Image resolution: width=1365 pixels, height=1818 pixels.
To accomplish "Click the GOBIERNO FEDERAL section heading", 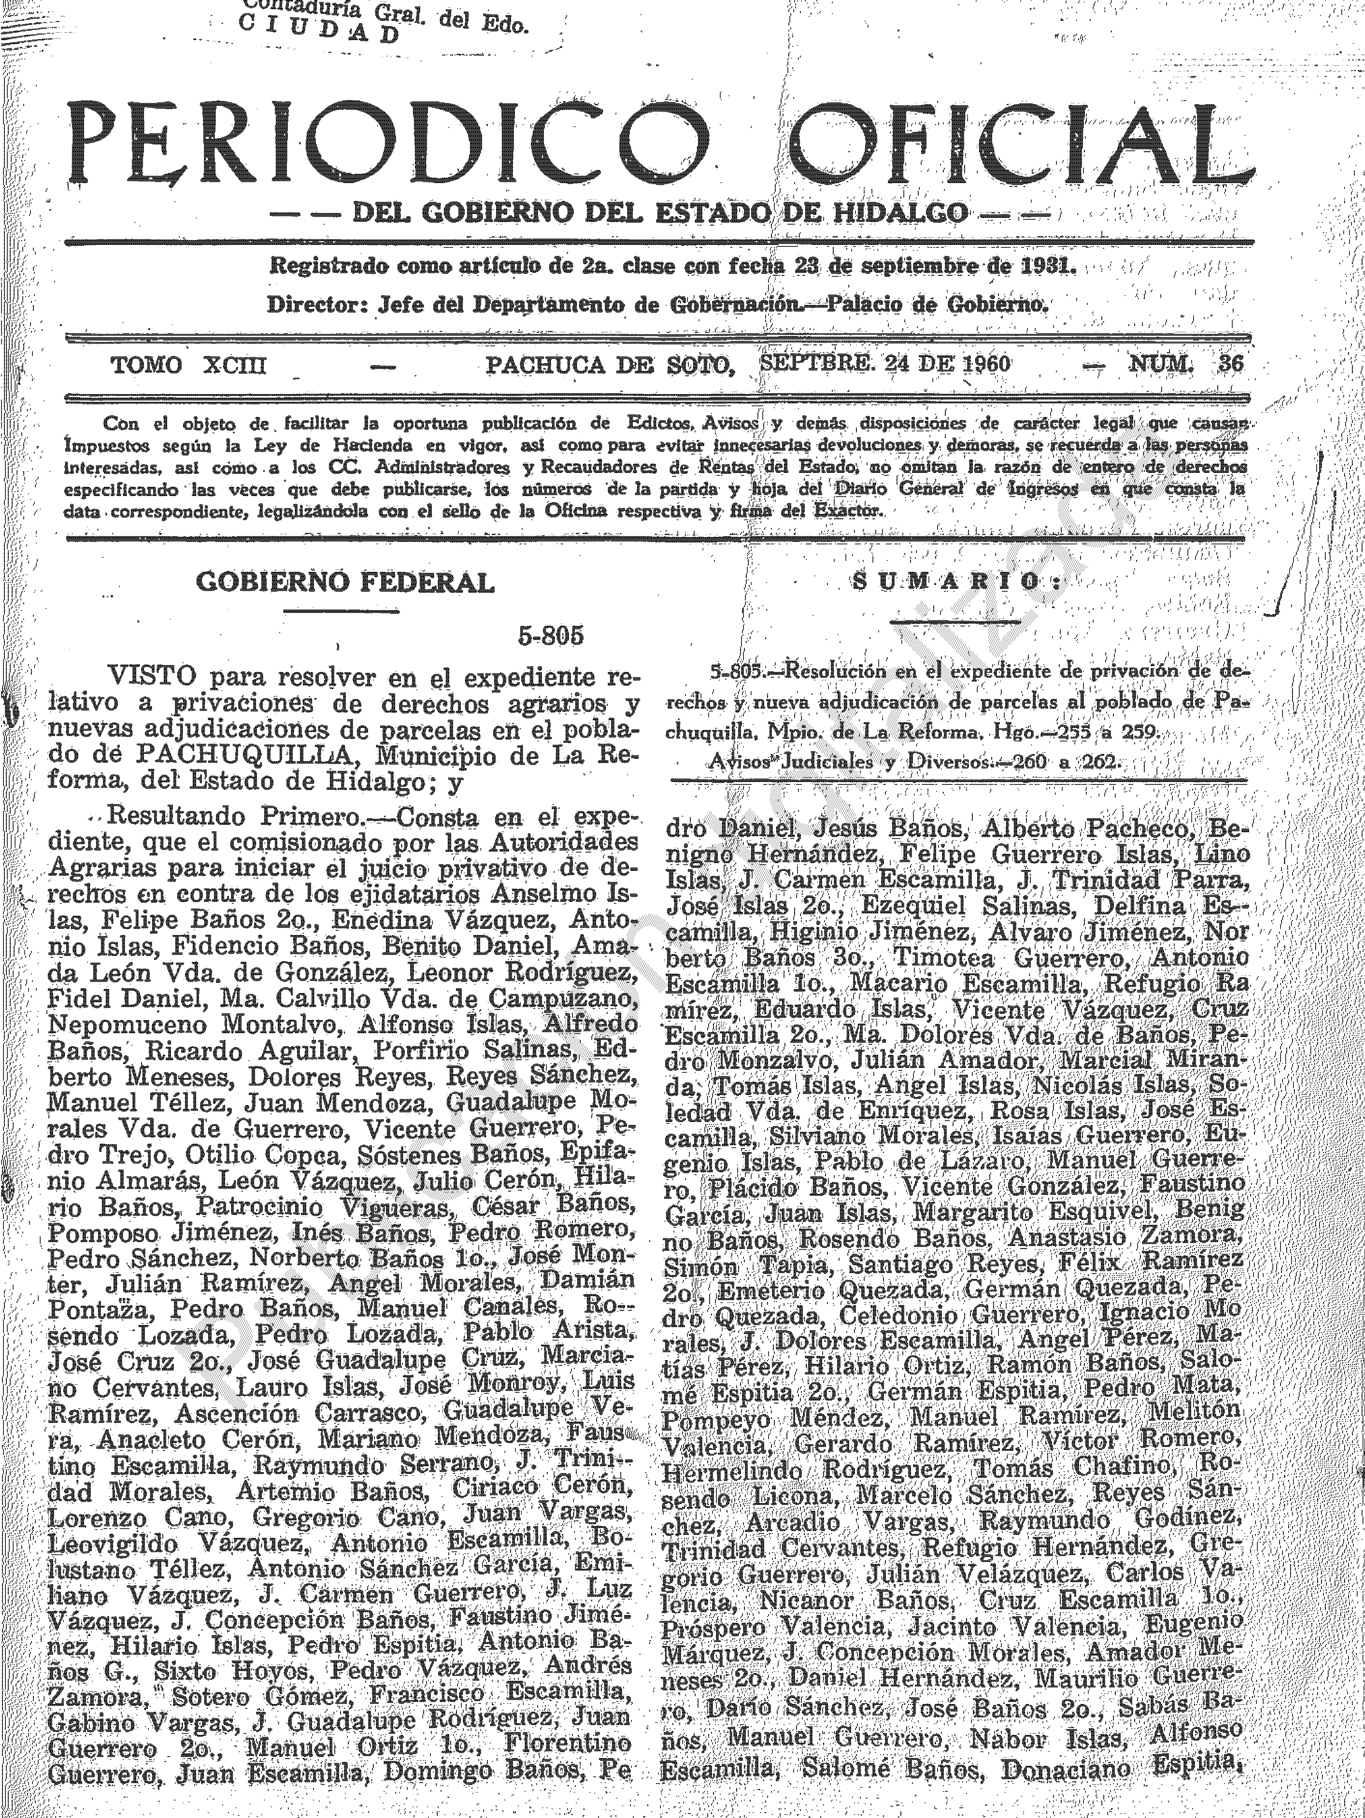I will pos(345,582).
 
